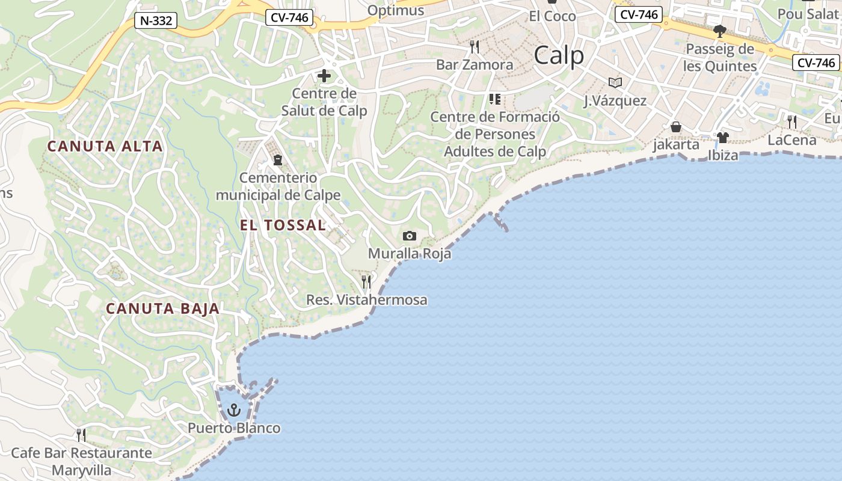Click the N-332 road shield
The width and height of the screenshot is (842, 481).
click(x=156, y=21)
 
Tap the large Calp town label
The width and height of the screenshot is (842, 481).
click(x=559, y=56)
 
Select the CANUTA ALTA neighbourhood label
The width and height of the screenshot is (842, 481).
click(x=105, y=146)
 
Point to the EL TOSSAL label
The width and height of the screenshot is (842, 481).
click(x=283, y=225)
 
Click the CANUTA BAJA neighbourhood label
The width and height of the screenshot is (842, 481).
click(x=162, y=309)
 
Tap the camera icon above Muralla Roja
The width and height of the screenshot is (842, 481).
click(x=410, y=236)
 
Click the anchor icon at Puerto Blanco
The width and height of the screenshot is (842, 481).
click(x=233, y=411)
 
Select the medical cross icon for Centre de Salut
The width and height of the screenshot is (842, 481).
click(x=324, y=76)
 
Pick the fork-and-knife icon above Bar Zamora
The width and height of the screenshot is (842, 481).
click(x=475, y=46)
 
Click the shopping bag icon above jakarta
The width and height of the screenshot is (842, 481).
click(x=676, y=127)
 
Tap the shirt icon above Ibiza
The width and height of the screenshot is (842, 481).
click(x=722, y=138)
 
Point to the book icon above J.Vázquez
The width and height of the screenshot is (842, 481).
click(x=615, y=82)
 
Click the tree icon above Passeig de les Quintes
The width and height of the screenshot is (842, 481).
click(x=719, y=31)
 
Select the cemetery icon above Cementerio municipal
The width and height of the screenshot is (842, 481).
click(x=278, y=160)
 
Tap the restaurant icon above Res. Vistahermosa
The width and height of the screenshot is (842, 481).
click(x=366, y=281)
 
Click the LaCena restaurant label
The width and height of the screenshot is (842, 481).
click(x=792, y=140)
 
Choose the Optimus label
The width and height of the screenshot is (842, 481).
click(x=395, y=10)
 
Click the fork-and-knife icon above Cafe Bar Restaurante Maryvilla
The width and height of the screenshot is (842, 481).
click(x=81, y=435)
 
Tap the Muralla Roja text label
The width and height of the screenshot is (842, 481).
click(x=410, y=254)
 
